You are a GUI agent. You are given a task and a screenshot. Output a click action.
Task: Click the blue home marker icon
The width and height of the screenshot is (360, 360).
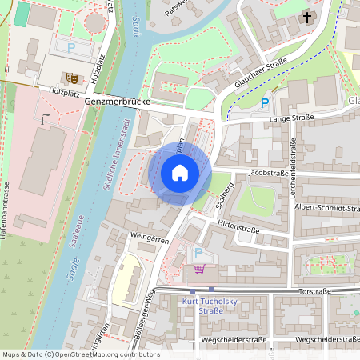pyautogui.click(x=179, y=173)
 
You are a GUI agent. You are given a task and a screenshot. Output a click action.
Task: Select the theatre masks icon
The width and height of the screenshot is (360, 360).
pyautogui.click(x=72, y=78)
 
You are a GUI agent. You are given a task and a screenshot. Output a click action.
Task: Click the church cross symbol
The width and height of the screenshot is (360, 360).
pyautogui.click(x=306, y=18)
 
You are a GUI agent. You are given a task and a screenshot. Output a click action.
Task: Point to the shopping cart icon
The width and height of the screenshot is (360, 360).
pyautogui.click(x=199, y=268)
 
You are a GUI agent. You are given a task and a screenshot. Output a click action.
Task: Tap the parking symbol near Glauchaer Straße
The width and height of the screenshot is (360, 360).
pyautogui.click(x=265, y=102)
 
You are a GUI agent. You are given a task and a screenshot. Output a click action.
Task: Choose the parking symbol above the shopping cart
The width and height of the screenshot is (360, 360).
pyautogui.click(x=199, y=253)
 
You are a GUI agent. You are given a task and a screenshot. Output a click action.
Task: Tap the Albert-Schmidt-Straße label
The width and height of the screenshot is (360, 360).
pyautogui.click(x=326, y=207)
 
